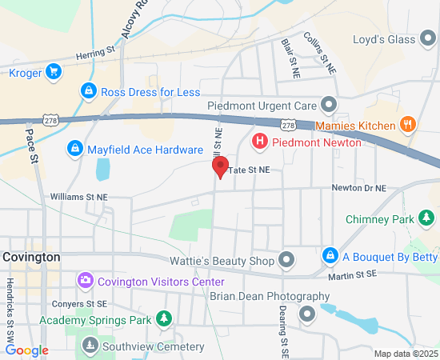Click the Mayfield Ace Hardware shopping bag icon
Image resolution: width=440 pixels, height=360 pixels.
tap(74, 149)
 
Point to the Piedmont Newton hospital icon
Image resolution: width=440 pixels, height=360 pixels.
tap(259, 142)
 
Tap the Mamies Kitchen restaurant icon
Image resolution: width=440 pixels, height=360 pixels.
tap(407, 125)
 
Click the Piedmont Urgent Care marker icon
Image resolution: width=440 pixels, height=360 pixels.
tap(328, 105)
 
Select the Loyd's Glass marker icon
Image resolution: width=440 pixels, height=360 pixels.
tap(426, 39)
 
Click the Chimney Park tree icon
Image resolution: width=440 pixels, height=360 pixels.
tap(427, 218)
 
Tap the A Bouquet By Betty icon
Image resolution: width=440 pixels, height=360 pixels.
tap(329, 256)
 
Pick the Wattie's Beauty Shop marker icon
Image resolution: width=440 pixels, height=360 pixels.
tap(287, 260)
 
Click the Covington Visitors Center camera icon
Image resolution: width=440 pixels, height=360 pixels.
tap(86, 281)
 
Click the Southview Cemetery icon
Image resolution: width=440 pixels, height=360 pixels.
tap(90, 346)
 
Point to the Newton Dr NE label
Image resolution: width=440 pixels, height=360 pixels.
tap(359, 188)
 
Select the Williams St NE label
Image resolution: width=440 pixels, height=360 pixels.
tap(78, 196)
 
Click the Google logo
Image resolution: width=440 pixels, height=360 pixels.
tap(26, 350)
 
